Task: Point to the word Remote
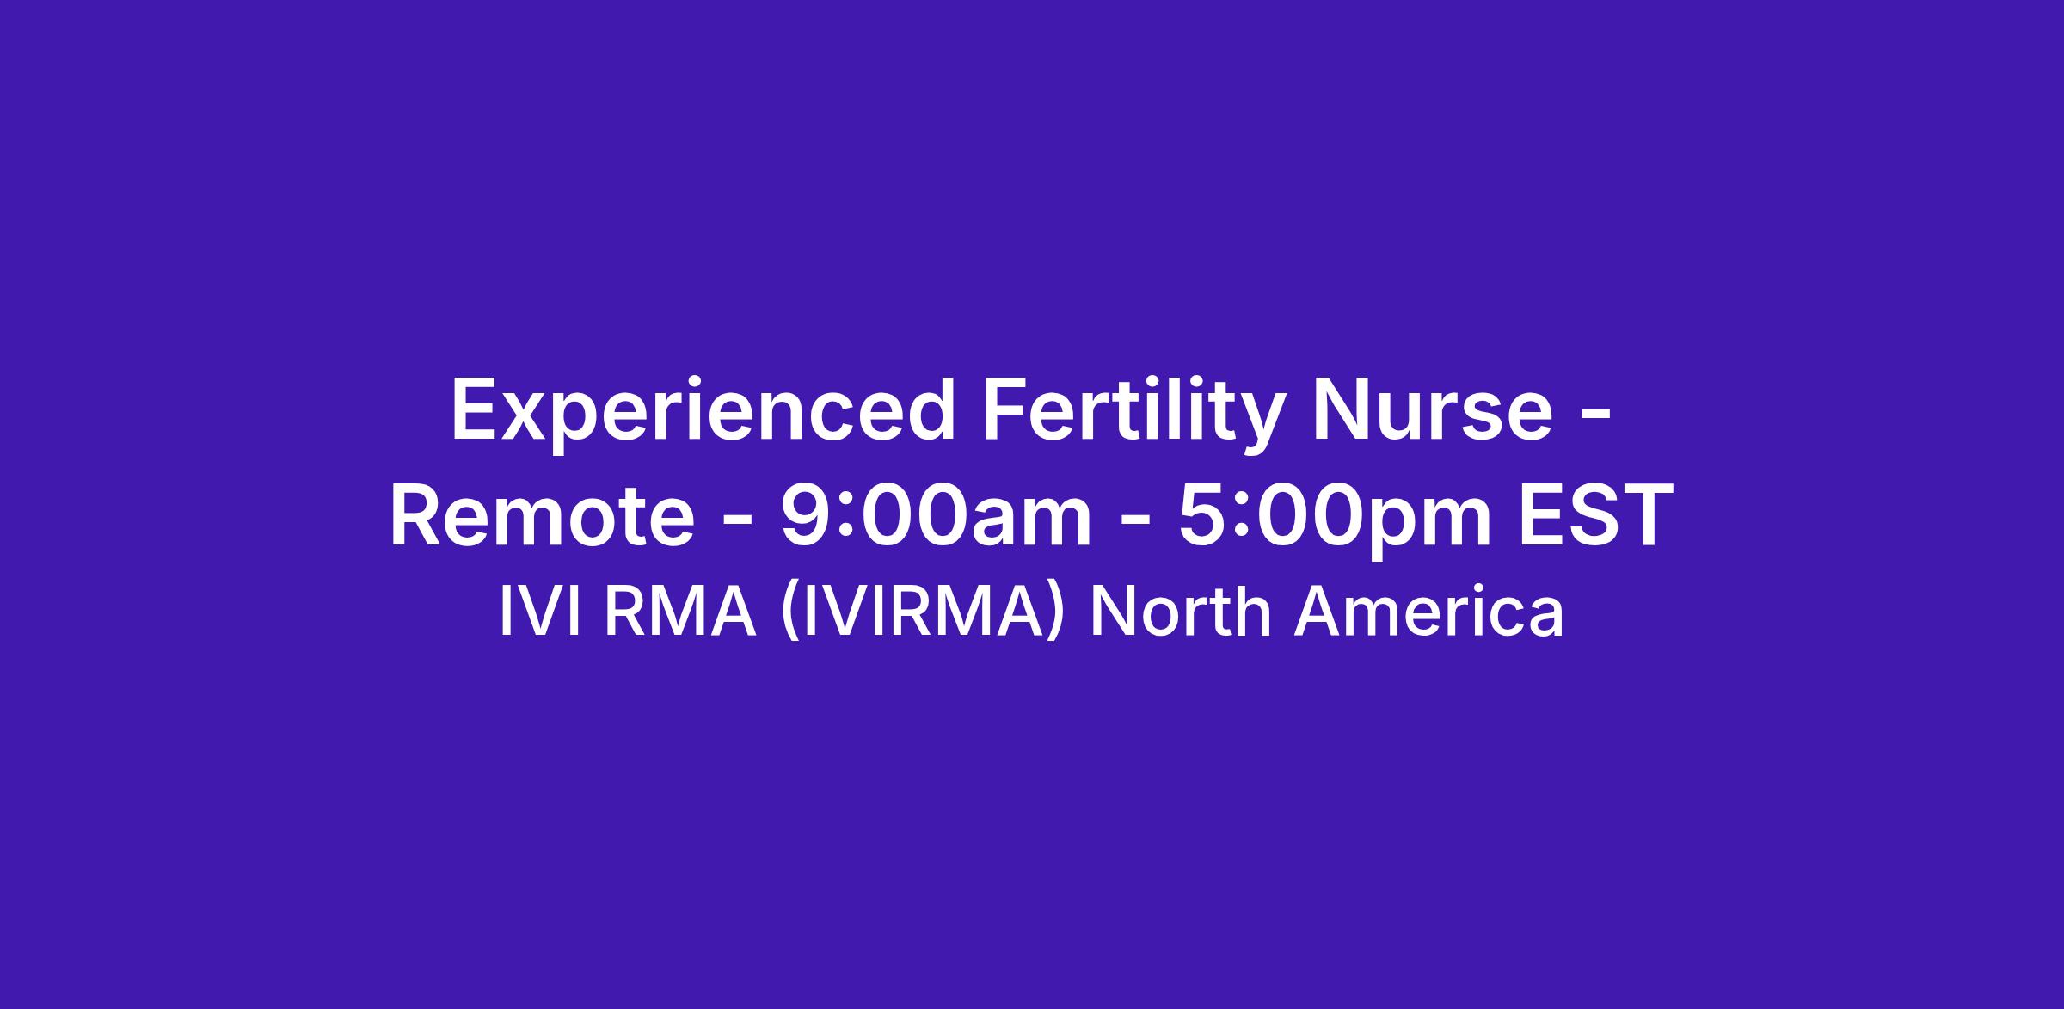pyautogui.click(x=542, y=517)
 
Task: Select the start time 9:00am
pyautogui.click(x=937, y=517)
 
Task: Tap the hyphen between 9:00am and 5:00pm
pyautogui.click(x=1135, y=520)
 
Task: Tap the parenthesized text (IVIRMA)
pyautogui.click(x=923, y=614)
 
